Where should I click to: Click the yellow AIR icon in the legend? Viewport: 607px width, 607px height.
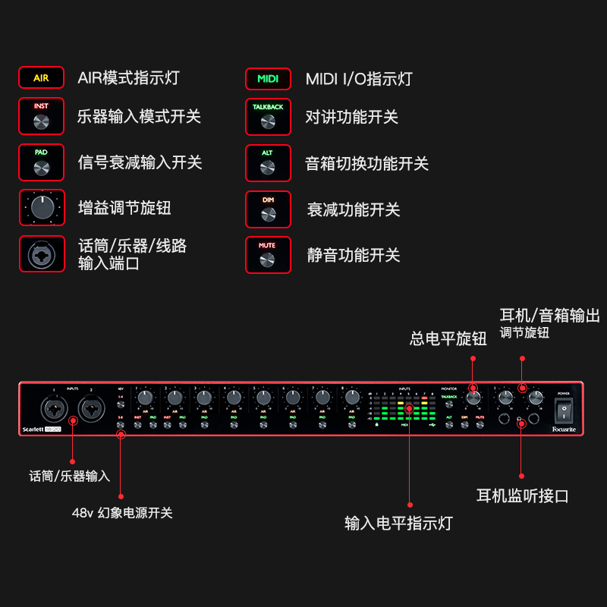[41, 78]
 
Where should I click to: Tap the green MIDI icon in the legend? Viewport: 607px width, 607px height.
[268, 79]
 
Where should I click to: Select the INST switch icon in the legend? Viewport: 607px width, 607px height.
[41, 117]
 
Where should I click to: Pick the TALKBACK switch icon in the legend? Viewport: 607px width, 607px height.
[268, 117]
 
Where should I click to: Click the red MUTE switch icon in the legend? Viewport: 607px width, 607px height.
[268, 255]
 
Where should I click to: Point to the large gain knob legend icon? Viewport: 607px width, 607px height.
[41, 207]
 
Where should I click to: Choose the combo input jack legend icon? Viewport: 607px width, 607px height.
[41, 254]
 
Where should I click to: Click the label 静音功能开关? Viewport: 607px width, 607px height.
[353, 255]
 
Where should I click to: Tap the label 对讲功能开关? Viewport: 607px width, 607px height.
[351, 117]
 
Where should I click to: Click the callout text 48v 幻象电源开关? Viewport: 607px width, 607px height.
[122, 513]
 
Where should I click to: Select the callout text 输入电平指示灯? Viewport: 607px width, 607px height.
[398, 523]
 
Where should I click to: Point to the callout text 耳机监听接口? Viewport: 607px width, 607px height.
[522, 496]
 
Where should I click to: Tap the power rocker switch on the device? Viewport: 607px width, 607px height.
[563, 411]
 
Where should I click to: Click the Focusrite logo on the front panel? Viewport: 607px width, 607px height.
[563, 429]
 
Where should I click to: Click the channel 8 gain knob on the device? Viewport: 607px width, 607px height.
[352, 397]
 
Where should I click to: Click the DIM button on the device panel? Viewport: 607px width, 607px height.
[464, 425]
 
